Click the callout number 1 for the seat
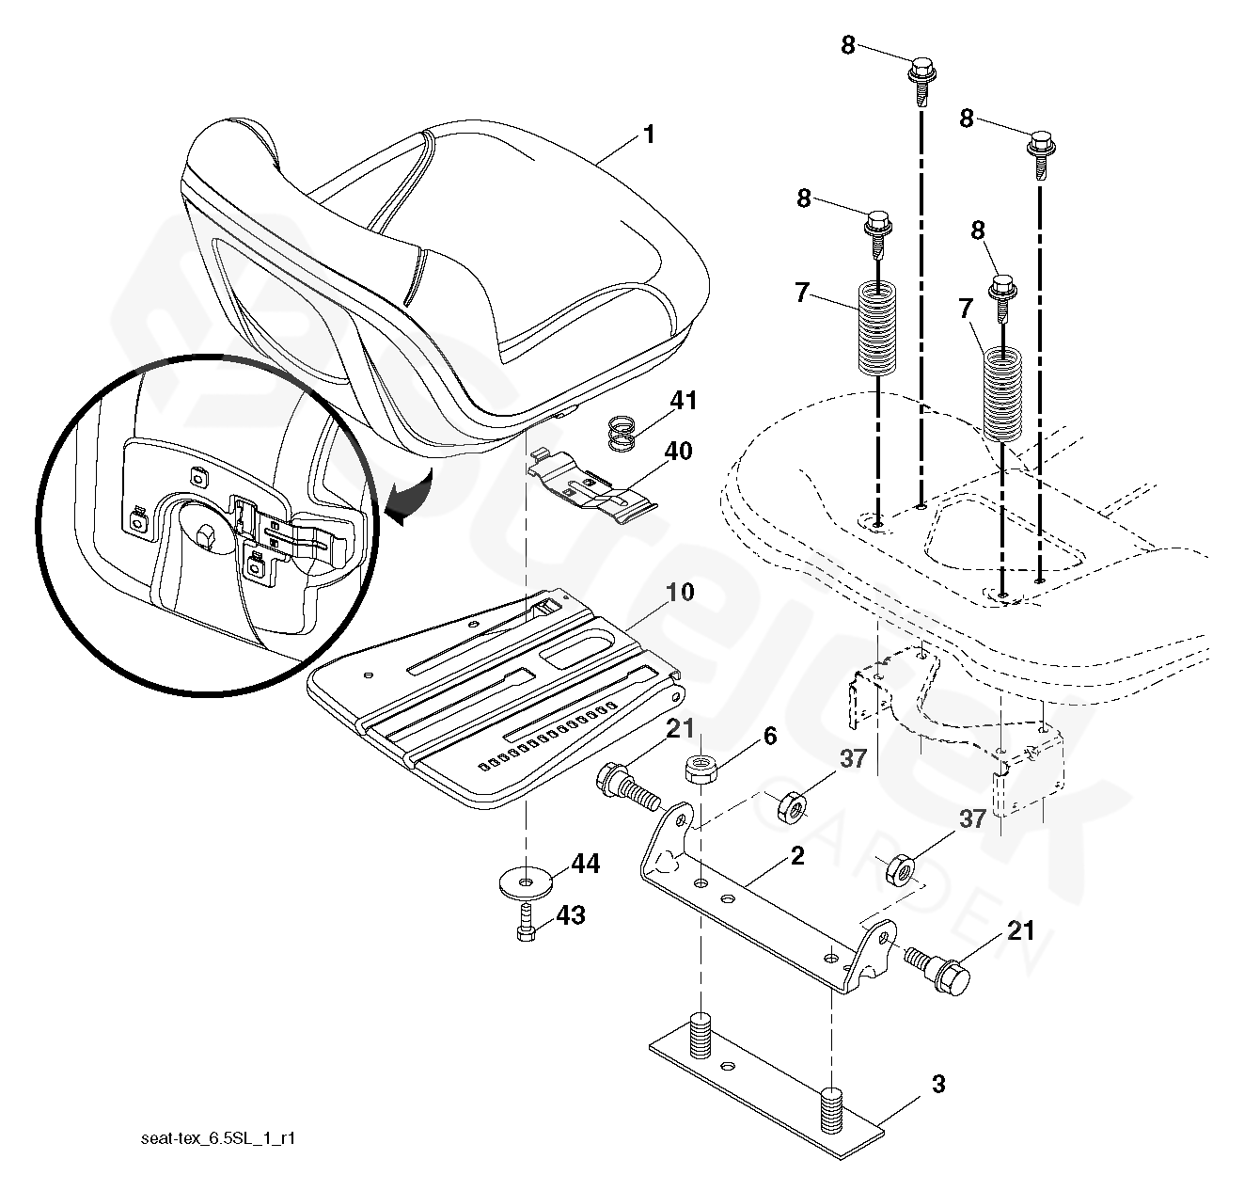click(647, 134)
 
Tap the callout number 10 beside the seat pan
click(680, 593)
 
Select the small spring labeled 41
click(622, 434)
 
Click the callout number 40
click(678, 453)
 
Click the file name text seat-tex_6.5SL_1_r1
click(217, 1138)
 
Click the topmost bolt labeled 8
click(920, 75)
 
